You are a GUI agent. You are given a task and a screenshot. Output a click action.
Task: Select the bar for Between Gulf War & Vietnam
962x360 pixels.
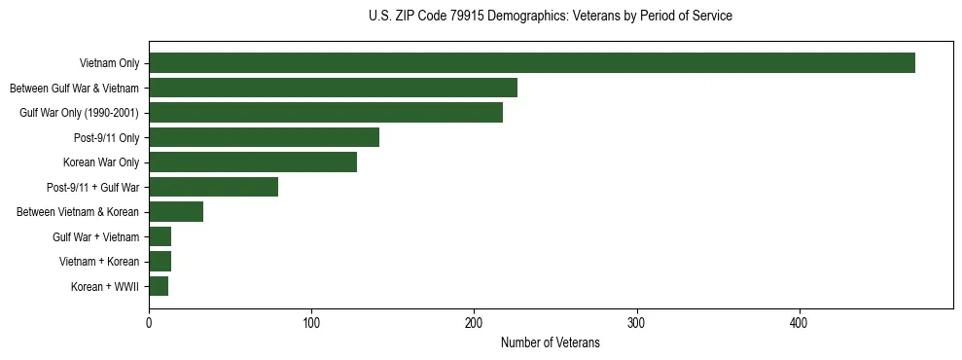click(333, 88)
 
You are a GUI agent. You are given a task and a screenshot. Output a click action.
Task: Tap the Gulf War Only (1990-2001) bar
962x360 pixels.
click(326, 113)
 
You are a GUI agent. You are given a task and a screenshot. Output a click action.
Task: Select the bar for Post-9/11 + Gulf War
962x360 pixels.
click(213, 187)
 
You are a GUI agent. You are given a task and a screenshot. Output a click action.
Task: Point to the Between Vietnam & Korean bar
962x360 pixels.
click(176, 211)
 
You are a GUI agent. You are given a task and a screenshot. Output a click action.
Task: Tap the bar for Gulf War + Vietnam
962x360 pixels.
click(160, 236)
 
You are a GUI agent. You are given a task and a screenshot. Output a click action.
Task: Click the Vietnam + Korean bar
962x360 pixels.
click(160, 261)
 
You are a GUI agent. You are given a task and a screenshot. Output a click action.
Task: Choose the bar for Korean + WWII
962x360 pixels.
click(159, 286)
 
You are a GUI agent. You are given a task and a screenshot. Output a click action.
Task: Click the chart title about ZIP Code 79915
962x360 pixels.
click(551, 17)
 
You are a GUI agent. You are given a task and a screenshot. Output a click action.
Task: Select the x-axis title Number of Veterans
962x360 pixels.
click(551, 342)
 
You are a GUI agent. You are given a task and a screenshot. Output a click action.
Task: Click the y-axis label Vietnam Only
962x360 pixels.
click(109, 64)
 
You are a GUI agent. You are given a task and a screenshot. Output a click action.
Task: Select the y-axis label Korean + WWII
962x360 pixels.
click(105, 287)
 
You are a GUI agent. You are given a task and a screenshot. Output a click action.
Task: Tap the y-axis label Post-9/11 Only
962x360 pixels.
click(106, 138)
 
